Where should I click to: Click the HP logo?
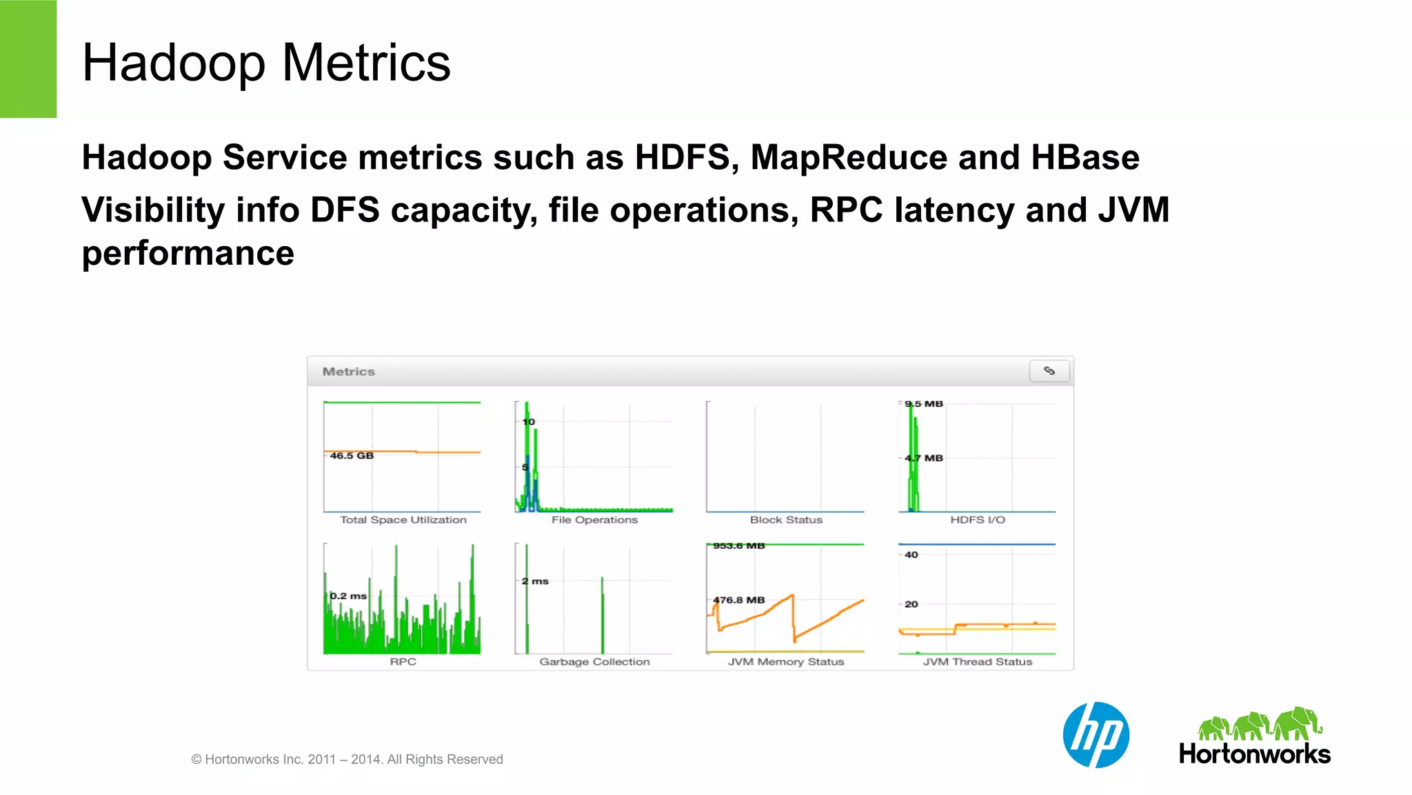(x=1096, y=735)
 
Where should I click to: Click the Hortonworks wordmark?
(x=1255, y=754)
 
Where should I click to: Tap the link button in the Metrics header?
(x=1049, y=371)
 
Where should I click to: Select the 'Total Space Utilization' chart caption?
(x=403, y=520)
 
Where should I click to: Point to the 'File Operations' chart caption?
(x=594, y=520)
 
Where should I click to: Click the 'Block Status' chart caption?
(x=786, y=520)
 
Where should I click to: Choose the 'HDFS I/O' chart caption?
(x=978, y=520)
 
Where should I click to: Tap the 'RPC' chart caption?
(x=403, y=662)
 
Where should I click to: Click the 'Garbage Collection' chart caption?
(x=594, y=662)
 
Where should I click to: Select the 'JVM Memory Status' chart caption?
(x=786, y=662)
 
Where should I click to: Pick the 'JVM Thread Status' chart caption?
(x=978, y=662)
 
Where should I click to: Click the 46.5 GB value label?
(x=352, y=456)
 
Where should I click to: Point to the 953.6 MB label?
(x=739, y=546)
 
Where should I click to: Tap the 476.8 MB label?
(x=739, y=600)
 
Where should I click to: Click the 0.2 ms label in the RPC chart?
(x=348, y=596)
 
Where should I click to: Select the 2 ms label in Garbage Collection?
(x=535, y=581)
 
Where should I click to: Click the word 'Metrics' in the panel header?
(x=349, y=372)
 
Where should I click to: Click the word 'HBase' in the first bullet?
(x=1085, y=157)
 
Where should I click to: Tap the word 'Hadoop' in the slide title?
(x=173, y=63)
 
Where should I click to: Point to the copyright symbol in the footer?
(x=196, y=760)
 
